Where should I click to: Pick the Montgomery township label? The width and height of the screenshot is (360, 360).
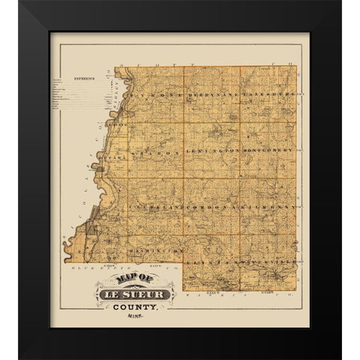268,150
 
